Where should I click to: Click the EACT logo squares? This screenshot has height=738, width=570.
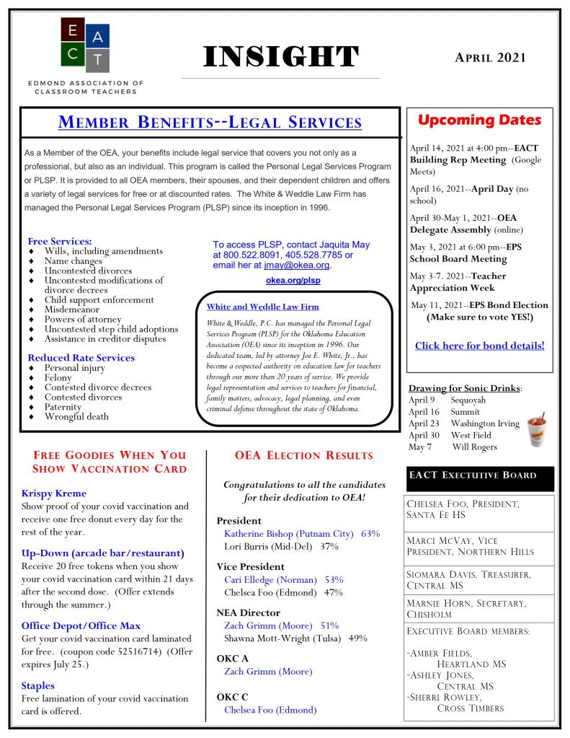click(x=85, y=45)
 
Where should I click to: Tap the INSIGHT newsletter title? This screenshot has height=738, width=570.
click(x=280, y=57)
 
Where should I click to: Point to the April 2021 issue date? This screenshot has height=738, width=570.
click(x=490, y=57)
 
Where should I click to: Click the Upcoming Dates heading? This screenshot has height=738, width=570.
click(x=479, y=120)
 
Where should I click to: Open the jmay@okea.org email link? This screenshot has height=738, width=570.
click(x=297, y=265)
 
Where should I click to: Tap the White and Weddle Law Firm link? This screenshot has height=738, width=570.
click(x=262, y=307)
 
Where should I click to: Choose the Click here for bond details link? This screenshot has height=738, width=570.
click(x=479, y=346)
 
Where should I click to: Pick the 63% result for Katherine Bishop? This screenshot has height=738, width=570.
click(x=370, y=534)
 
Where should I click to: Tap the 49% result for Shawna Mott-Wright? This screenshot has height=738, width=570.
click(x=357, y=638)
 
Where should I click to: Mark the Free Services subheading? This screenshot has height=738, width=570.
click(x=61, y=240)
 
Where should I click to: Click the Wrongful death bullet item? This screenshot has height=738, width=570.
click(x=76, y=416)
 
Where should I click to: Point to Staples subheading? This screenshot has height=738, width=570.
click(x=37, y=685)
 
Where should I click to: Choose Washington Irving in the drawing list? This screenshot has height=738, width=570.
click(x=485, y=423)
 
